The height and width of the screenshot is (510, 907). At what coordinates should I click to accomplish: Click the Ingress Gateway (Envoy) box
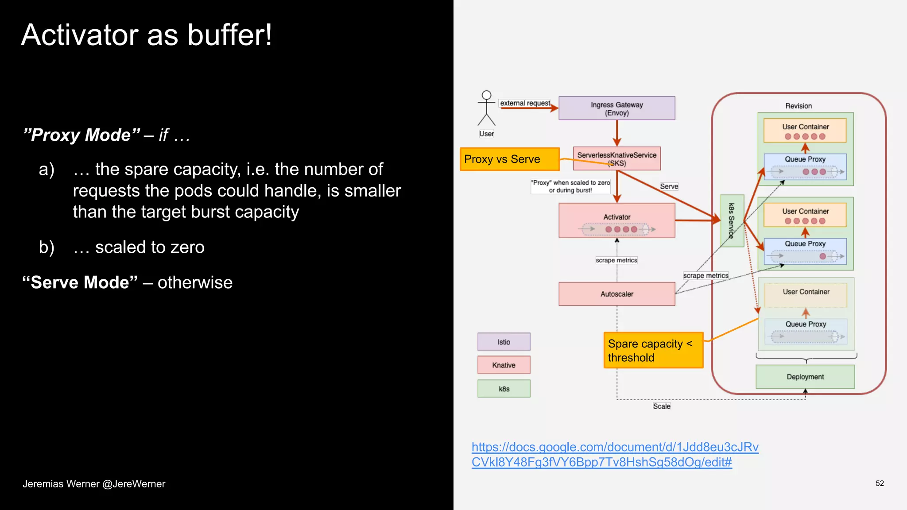(x=616, y=108)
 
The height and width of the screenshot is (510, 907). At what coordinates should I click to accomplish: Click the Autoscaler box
(x=616, y=294)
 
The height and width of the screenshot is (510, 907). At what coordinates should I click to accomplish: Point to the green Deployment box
(x=805, y=377)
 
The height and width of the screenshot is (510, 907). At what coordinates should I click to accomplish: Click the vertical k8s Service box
(x=732, y=220)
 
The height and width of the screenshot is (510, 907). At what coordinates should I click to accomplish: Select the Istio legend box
(x=504, y=342)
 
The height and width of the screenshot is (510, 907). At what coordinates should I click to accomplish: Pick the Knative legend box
(x=504, y=365)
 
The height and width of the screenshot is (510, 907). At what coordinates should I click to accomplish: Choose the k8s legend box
(x=504, y=389)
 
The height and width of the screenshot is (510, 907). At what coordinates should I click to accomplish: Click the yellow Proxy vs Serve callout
(x=509, y=159)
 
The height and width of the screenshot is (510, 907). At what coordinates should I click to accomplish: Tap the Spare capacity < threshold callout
(x=653, y=350)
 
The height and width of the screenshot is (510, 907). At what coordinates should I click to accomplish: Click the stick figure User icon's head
(x=486, y=95)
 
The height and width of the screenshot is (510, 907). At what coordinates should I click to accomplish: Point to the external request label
(x=525, y=103)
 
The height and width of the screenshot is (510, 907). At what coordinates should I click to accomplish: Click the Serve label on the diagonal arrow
(x=669, y=186)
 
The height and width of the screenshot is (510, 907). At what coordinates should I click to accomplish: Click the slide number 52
(x=880, y=483)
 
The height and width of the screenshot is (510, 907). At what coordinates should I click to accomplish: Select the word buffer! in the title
(x=229, y=35)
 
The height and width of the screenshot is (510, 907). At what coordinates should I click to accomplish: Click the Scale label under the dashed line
(x=662, y=406)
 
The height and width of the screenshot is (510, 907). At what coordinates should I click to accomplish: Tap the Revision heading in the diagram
(x=798, y=106)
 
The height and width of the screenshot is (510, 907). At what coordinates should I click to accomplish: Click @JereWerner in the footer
(x=134, y=484)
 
